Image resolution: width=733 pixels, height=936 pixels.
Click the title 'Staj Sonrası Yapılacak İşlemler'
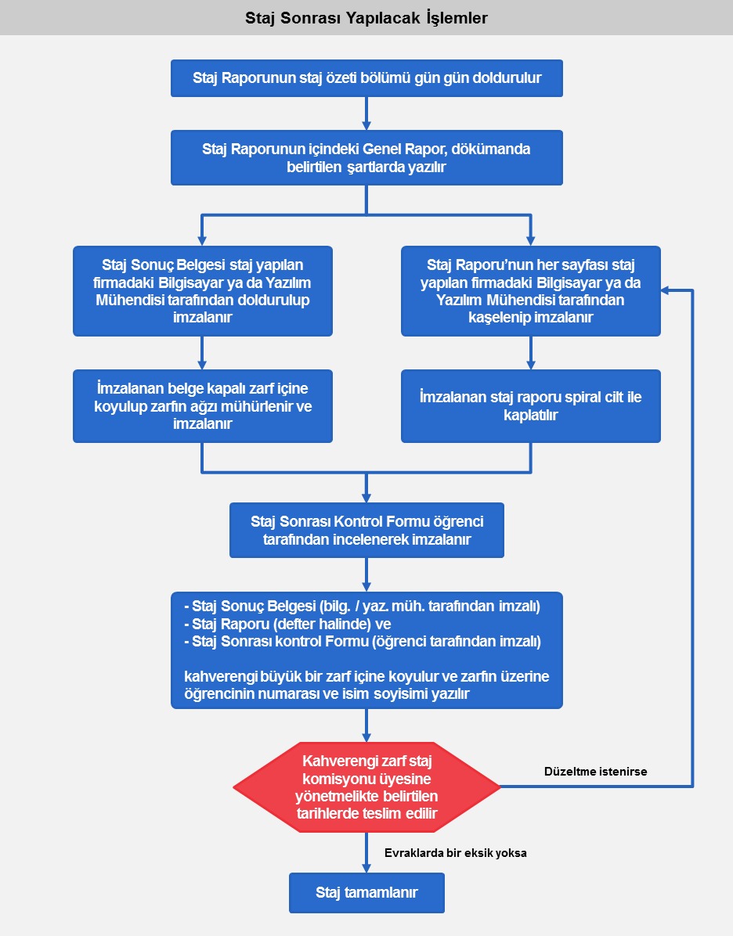point(366,17)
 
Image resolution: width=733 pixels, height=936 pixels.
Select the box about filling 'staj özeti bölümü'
point(366,78)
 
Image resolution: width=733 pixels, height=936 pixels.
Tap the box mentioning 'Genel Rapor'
point(366,157)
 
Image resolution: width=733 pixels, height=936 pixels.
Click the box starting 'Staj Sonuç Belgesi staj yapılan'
point(202,291)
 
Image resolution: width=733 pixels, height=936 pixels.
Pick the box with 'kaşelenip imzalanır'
point(530,291)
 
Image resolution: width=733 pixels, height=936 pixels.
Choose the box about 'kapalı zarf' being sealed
point(202,405)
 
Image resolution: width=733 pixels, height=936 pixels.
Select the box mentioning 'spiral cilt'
point(530,405)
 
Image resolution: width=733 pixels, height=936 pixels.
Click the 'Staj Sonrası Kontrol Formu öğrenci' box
point(366,530)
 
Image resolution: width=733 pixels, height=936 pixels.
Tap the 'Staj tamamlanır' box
point(366,893)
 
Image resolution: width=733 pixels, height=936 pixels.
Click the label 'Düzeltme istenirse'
point(595,772)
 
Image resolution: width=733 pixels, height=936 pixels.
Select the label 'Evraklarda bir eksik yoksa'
point(455,853)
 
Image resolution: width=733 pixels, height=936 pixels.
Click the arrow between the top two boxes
point(366,113)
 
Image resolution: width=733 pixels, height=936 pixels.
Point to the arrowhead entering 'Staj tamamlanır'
point(366,867)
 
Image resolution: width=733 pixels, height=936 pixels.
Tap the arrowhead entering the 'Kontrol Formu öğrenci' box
point(366,498)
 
